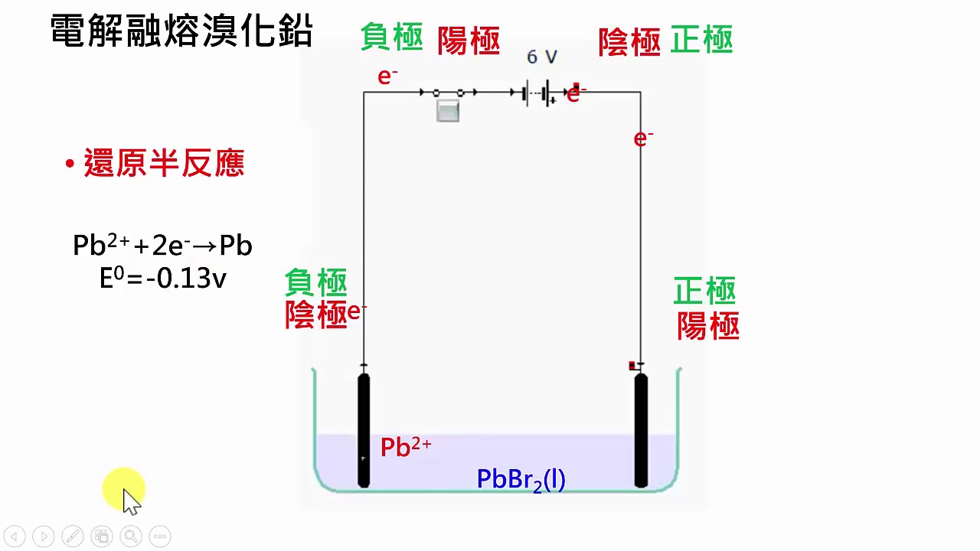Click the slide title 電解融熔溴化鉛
(x=181, y=30)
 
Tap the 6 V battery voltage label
(x=541, y=57)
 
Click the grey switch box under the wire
(x=448, y=111)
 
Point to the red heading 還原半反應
(x=164, y=163)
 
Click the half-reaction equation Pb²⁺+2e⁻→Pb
(x=162, y=245)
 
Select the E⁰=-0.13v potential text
(x=163, y=278)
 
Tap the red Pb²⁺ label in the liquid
(x=406, y=447)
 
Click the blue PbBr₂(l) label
(x=521, y=480)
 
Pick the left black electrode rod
(x=364, y=430)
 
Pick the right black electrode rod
(x=641, y=430)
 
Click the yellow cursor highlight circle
(x=124, y=489)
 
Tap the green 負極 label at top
(x=392, y=37)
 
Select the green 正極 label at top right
(x=701, y=39)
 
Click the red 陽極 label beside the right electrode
(x=708, y=326)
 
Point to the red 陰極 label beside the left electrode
(x=316, y=314)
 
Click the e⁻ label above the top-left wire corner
(x=387, y=77)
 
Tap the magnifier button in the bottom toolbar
(x=131, y=536)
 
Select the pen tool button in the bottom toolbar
(x=73, y=536)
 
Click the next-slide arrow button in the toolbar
(x=44, y=536)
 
